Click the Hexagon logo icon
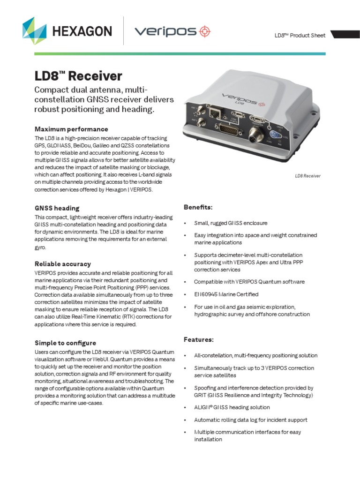(x=35, y=31)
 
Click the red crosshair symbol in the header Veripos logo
(x=205, y=31)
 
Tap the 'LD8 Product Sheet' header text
(x=300, y=36)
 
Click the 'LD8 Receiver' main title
(x=78, y=76)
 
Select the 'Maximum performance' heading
(x=71, y=129)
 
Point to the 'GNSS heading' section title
(x=57, y=208)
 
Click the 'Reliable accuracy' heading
(x=63, y=264)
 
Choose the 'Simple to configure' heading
(x=65, y=343)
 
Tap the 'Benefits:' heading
(x=198, y=207)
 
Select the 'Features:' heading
(x=198, y=339)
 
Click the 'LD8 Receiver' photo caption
(x=307, y=176)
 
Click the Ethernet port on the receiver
(x=216, y=112)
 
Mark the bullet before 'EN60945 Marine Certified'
(x=186, y=294)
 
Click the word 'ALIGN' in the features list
(x=202, y=407)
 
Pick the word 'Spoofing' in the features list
(x=205, y=388)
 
